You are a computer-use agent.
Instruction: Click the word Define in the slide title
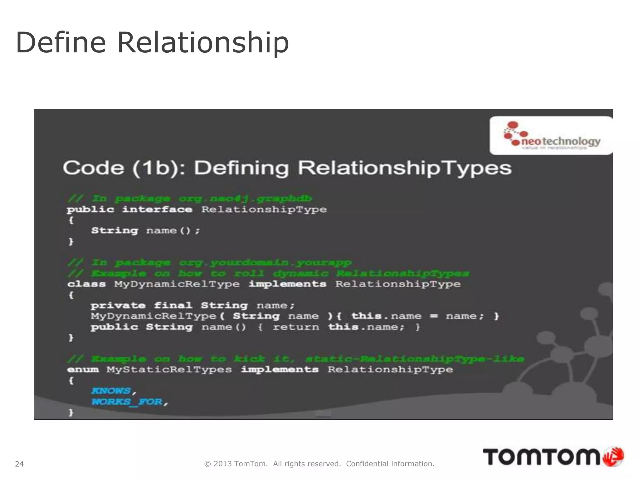coord(61,43)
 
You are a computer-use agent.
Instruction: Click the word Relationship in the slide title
coord(203,43)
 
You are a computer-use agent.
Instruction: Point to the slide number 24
coord(19,464)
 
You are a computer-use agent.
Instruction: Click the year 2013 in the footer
coord(222,464)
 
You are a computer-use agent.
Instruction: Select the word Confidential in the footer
coord(367,464)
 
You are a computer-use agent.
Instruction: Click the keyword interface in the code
coord(157,209)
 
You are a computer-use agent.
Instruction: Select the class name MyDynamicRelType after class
coord(177,284)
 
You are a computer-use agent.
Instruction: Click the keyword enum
coord(83,370)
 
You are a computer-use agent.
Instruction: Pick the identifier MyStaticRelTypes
coord(169,370)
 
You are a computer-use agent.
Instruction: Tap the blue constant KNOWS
coord(111,391)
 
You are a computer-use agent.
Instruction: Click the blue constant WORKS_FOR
coord(127,402)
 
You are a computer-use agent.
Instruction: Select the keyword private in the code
coord(118,305)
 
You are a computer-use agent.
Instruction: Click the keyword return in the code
coord(296,327)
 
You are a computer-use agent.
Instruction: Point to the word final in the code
coord(173,305)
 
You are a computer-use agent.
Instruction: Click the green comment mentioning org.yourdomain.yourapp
coord(210,263)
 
